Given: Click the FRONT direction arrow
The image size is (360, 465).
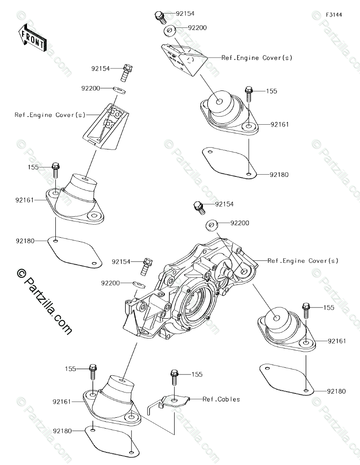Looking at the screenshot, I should pos(32,38).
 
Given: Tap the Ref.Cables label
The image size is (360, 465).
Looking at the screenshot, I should pos(221,399).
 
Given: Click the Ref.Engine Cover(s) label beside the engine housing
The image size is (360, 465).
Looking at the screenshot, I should pos(303,261).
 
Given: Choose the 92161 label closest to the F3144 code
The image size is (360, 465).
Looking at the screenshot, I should pos(279,124).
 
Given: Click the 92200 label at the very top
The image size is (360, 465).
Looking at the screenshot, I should pos(198,28).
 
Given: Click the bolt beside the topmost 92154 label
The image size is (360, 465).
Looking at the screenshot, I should pos(159,17).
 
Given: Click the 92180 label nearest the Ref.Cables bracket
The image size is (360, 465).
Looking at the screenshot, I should pos(62,431).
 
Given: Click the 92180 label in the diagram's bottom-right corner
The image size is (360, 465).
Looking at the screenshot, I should pos(337,391).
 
